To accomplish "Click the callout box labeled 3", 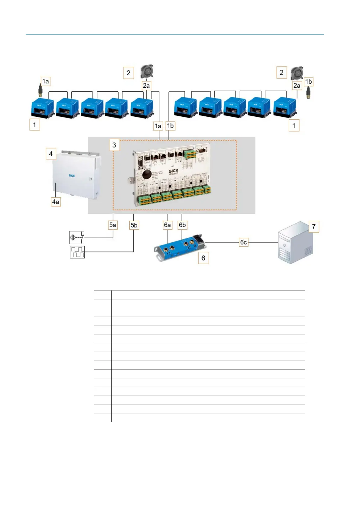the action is pos(114,145).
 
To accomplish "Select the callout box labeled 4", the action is pos(51,154).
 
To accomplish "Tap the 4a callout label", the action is pos(56,202).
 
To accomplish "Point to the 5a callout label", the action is pos(112,225).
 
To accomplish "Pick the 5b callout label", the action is pos(134,225).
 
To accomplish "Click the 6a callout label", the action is pos(167,225).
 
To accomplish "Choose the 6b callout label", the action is pos(182,225).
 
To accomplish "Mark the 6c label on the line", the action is pos(243,242).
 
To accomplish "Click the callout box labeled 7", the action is pos(314,226).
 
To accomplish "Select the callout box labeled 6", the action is pos(203,258).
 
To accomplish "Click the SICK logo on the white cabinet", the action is pos(72,176).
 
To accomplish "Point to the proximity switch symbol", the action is pos(77,238).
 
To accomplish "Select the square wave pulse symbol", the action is pos(77,252).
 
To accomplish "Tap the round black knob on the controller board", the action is pos(147,174).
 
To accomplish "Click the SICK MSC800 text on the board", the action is pos(174,172).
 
